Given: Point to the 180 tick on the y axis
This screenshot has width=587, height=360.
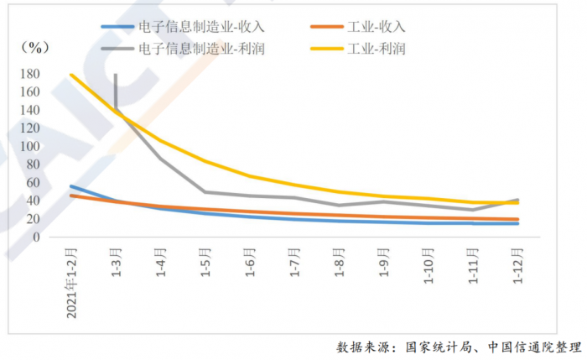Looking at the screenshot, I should tap(52, 74).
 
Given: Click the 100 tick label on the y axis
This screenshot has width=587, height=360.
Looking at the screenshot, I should tap(52, 146).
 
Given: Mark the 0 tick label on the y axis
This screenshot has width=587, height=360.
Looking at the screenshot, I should tap(59, 237).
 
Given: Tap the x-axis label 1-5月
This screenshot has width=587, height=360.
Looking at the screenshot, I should tap(206, 260).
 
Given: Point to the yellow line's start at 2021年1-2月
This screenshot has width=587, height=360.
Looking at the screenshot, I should tap(71, 75).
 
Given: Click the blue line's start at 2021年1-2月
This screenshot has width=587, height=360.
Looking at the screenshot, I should tap(71, 186).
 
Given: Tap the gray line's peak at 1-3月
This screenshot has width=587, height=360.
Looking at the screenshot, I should tap(116, 75).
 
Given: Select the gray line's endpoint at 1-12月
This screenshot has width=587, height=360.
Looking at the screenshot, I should tap(518, 200).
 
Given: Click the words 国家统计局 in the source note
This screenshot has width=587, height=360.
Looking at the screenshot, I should tap(436, 347).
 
